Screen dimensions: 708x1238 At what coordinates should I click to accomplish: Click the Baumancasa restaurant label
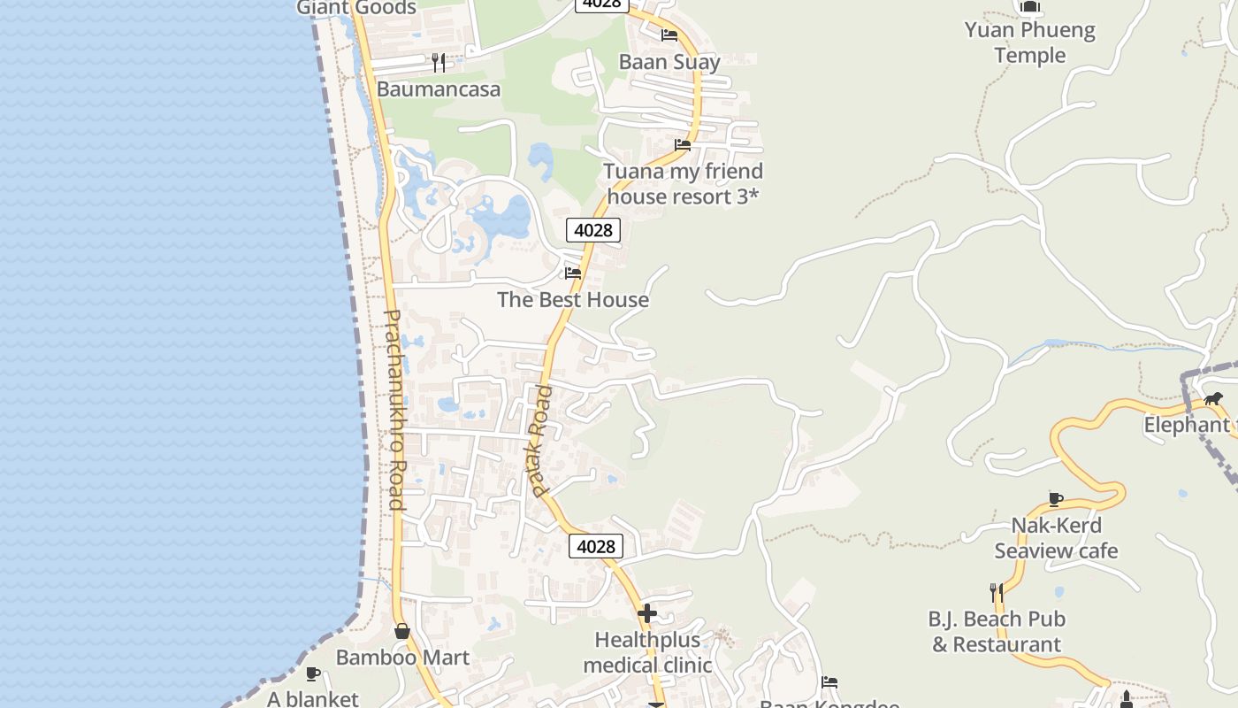pos(439,89)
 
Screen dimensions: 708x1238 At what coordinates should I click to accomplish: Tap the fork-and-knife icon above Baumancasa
pos(438,62)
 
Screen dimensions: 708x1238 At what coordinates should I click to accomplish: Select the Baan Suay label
pos(669,62)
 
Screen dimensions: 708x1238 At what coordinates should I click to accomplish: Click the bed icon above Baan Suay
pos(669,35)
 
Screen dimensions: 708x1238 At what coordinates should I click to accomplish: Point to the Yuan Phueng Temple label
pos(1030,42)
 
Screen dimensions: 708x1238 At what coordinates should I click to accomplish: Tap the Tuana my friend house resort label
pos(683,183)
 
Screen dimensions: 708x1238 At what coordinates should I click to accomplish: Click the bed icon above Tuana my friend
pos(683,144)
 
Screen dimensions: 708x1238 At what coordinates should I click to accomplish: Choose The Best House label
pos(573,300)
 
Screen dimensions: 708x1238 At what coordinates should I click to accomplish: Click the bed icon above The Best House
pos(573,273)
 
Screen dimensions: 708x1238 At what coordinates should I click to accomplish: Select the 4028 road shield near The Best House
pos(593,231)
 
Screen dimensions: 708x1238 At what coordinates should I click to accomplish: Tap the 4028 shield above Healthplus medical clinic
pos(596,546)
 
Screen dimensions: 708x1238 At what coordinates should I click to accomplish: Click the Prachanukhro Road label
pos(394,410)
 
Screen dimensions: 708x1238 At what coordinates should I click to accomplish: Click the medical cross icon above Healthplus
pos(647,612)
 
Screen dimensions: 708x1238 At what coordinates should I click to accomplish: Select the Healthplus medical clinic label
pos(647,652)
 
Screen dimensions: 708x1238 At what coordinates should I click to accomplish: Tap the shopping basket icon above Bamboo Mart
pos(402,631)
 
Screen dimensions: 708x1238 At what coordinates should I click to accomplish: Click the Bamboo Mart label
pos(402,658)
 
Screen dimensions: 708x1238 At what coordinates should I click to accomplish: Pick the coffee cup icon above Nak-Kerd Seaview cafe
pos(1056,499)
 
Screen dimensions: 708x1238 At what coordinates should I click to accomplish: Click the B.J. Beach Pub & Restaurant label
pos(997,631)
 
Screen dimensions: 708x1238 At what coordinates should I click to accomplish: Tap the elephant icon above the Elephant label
pos(1213,398)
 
